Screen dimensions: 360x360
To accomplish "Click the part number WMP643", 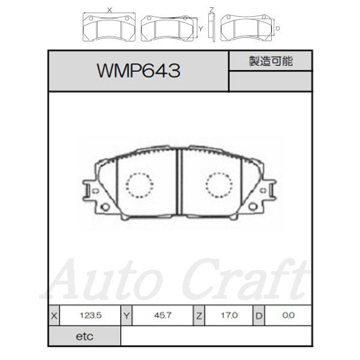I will (138, 72).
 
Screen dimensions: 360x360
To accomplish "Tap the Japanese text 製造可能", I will (270, 61).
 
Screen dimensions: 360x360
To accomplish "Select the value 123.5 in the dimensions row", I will (90, 315).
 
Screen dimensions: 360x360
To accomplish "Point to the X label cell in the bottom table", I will (55, 315).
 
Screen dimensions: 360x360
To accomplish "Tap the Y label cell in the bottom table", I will (127, 315).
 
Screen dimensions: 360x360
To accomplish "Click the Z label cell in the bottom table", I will (198, 315).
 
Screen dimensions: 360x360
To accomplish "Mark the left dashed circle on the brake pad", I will (139, 184).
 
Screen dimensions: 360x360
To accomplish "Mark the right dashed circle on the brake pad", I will (220, 184).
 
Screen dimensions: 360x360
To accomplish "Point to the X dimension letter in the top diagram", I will (109, 10).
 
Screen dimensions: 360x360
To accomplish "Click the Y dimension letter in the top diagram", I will (200, 28).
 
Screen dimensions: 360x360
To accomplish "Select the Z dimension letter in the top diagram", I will (211, 8).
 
